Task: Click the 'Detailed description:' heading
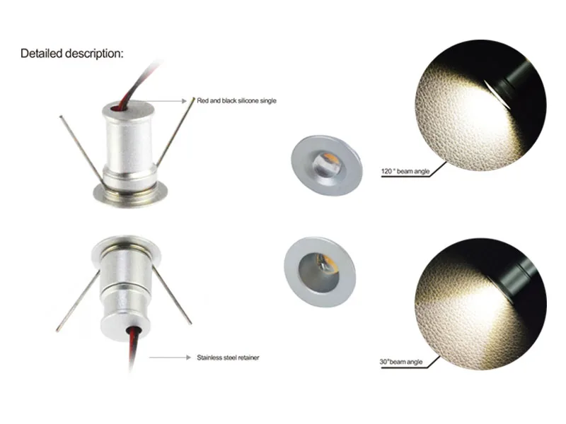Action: [x=71, y=53]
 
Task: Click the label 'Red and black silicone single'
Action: [x=236, y=101]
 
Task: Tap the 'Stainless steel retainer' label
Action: [x=228, y=358]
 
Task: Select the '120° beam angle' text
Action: [x=405, y=172]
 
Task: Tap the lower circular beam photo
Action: [x=480, y=300]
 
